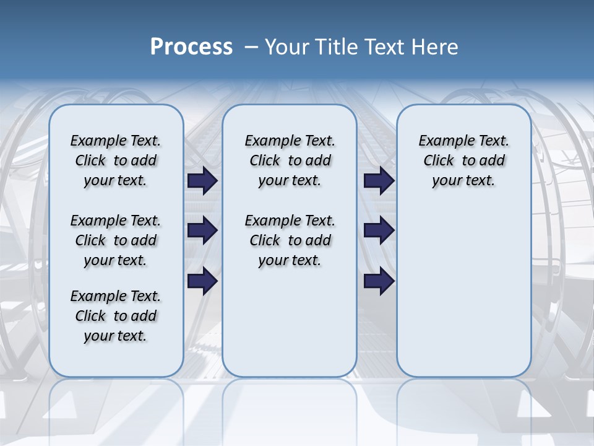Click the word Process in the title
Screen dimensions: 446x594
pyautogui.click(x=191, y=47)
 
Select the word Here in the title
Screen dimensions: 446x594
pyautogui.click(x=434, y=47)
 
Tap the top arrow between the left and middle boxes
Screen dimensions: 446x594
pyautogui.click(x=202, y=181)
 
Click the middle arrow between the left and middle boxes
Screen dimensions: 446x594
pyautogui.click(x=202, y=230)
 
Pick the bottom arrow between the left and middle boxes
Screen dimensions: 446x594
pyautogui.click(x=202, y=281)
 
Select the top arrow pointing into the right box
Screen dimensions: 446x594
pyautogui.click(x=379, y=181)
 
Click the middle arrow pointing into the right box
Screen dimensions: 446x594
pyautogui.click(x=379, y=230)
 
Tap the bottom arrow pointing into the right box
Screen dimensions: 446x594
pyautogui.click(x=379, y=281)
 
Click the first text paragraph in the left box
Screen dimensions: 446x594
pyautogui.click(x=116, y=160)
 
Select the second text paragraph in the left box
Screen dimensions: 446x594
pyautogui.click(x=116, y=240)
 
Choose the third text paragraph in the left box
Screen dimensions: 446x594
pyautogui.click(x=116, y=316)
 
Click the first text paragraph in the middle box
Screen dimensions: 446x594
pyautogui.click(x=290, y=160)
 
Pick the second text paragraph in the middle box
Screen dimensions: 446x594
pyautogui.click(x=290, y=240)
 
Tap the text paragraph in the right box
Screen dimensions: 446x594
pyautogui.click(x=463, y=160)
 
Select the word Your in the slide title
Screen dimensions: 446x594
pyautogui.click(x=286, y=47)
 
